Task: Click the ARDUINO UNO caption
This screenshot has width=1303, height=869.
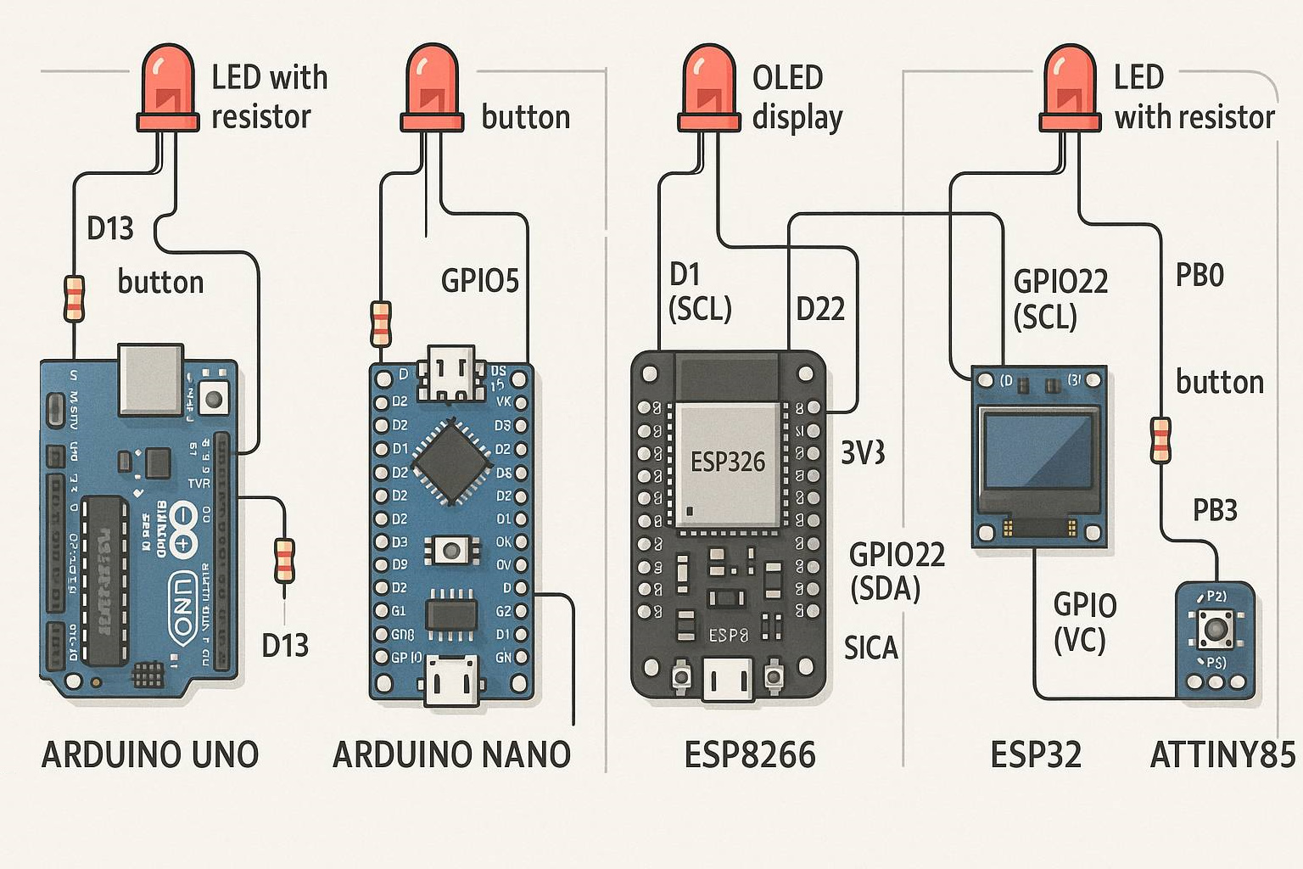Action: click(150, 754)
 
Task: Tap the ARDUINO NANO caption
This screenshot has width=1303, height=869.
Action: click(451, 754)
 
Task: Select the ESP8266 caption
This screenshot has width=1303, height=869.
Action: click(750, 754)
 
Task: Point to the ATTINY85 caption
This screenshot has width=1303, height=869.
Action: click(1222, 754)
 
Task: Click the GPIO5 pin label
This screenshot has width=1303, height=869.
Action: click(479, 281)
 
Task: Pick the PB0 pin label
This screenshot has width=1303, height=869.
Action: click(1200, 276)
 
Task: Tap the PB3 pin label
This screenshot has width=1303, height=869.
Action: click(1215, 510)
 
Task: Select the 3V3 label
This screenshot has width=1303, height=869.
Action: click(863, 453)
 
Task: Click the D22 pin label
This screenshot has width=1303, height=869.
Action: click(820, 310)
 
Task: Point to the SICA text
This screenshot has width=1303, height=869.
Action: click(870, 648)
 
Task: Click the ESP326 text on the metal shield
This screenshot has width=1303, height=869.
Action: click(728, 463)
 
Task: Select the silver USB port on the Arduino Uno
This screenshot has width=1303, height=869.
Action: click(151, 379)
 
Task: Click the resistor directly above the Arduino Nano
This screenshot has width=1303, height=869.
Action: click(381, 323)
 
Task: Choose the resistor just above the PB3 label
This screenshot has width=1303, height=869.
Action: click(1160, 440)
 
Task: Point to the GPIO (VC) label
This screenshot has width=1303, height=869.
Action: click(1084, 622)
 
